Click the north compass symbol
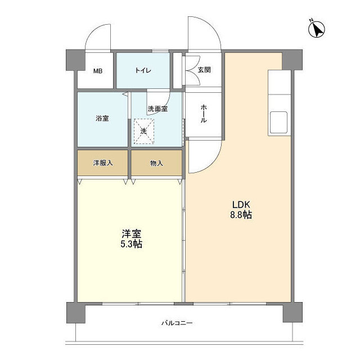pyautogui.click(x=317, y=28)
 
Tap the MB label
pyautogui.click(x=98, y=71)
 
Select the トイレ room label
pyautogui.click(x=143, y=70)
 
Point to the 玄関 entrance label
pyautogui.click(x=204, y=70)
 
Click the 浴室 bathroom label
pyautogui.click(x=102, y=119)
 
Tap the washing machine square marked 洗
pyautogui.click(x=143, y=131)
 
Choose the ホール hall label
pyautogui.click(x=203, y=116)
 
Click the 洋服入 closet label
pyautogui.click(x=103, y=163)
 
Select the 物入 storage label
pyautogui.click(x=156, y=163)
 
